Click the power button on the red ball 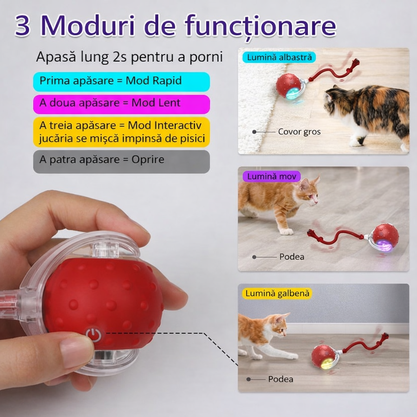pyautogui.click(x=94, y=335)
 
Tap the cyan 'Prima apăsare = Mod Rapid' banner pyautogui.click(x=121, y=81)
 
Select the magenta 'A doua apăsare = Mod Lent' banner pyautogui.click(x=121, y=104)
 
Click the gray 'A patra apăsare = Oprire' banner pyautogui.click(x=121, y=162)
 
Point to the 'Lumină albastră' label pyautogui.click(x=279, y=57)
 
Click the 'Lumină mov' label pyautogui.click(x=272, y=176)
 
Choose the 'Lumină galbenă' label pyautogui.click(x=277, y=293)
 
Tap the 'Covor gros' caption pyautogui.click(x=299, y=132)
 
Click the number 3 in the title pyautogui.click(x=22, y=26)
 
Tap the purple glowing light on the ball pyautogui.click(x=384, y=245)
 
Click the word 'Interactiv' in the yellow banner pyautogui.click(x=178, y=125)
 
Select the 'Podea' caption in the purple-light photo pyautogui.click(x=292, y=257)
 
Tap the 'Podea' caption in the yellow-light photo pyautogui.click(x=281, y=379)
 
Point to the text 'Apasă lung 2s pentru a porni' pyautogui.click(x=129, y=57)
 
